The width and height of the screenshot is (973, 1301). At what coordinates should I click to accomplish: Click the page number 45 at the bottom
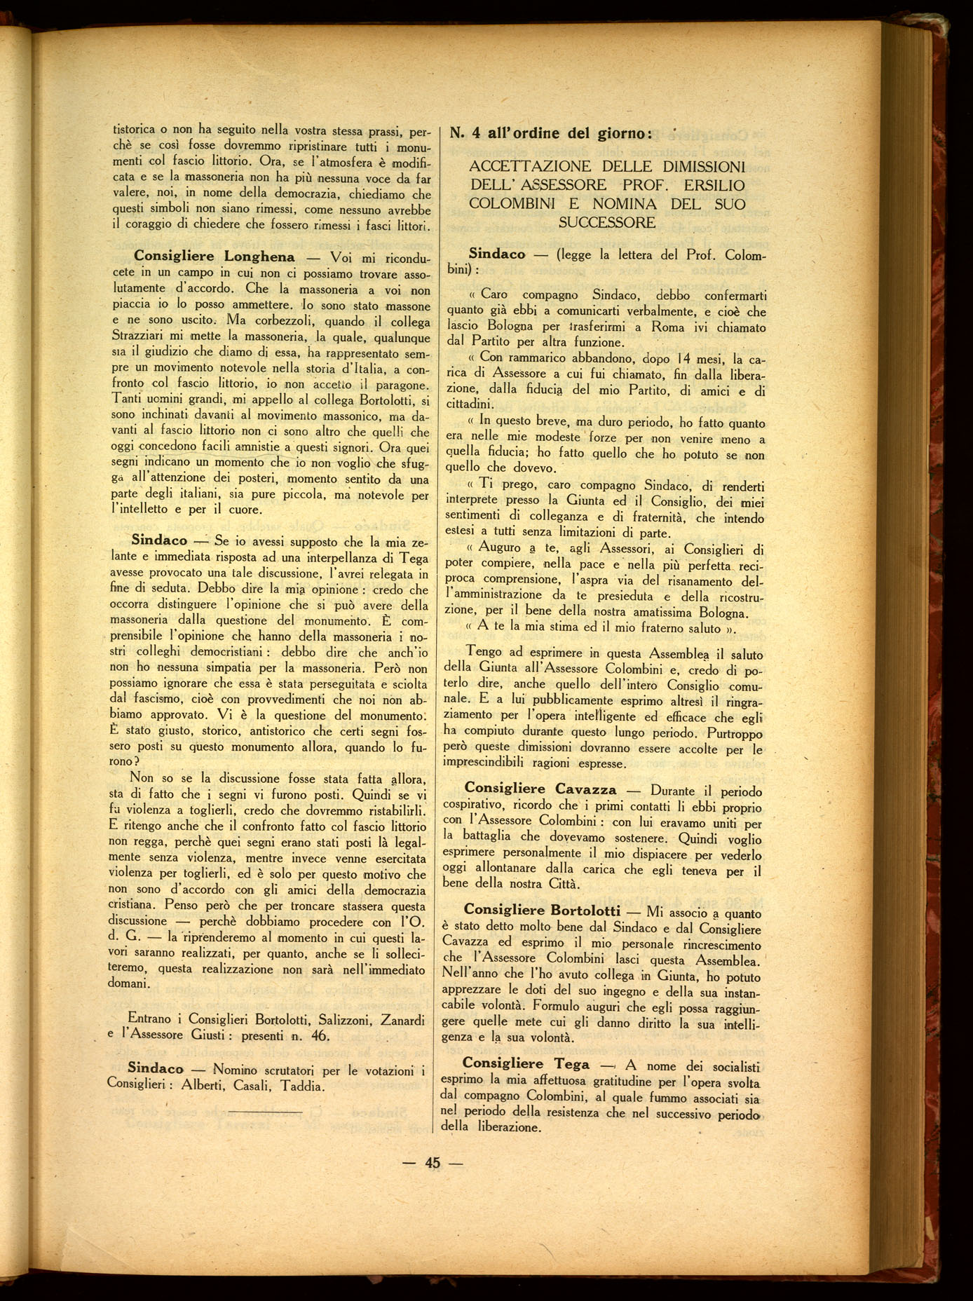point(433,1162)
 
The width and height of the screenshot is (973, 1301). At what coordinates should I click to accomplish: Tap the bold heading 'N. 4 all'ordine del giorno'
point(551,132)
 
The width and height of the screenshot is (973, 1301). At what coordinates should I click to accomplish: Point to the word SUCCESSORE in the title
point(607,223)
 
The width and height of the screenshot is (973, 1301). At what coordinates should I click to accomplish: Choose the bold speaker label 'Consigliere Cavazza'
point(540,789)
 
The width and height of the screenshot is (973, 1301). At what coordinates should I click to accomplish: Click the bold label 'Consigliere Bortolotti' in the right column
point(542,910)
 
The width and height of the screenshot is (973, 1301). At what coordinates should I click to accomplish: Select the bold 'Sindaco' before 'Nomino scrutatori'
point(155,1069)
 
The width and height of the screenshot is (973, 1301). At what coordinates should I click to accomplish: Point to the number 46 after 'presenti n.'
point(320,1036)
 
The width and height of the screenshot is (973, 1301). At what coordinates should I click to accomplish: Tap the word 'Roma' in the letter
point(667,327)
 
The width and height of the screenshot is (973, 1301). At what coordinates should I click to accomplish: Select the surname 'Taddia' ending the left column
point(302,1086)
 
